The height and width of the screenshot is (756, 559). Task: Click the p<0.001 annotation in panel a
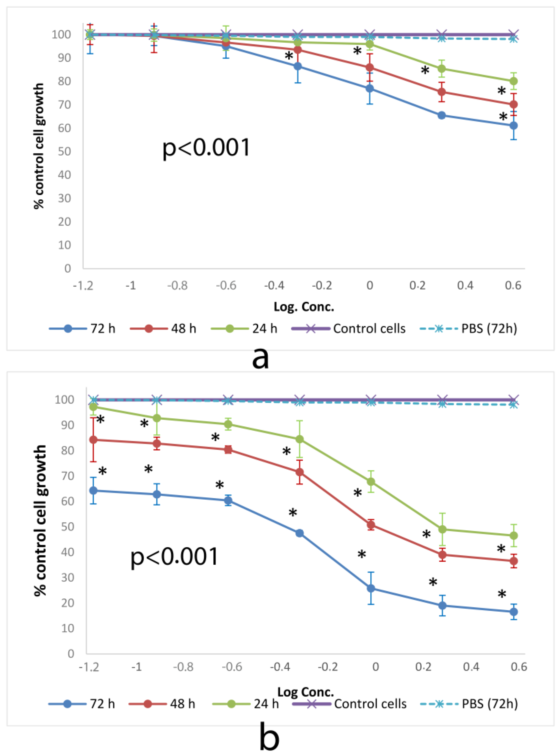[206, 148]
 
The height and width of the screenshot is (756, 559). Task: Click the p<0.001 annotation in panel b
[174, 556]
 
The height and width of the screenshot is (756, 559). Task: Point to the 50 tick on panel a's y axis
[64, 151]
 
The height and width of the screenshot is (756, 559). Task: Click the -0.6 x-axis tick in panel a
[226, 285]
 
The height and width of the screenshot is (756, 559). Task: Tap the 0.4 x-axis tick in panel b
[471, 667]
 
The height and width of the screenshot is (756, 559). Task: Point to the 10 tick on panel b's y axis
[67, 628]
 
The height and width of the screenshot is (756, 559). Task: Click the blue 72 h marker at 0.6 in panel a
[513, 125]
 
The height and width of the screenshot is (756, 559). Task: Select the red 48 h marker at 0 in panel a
[370, 67]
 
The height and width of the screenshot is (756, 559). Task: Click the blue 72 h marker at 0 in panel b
[371, 588]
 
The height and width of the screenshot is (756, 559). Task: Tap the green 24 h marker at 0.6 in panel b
[514, 535]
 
